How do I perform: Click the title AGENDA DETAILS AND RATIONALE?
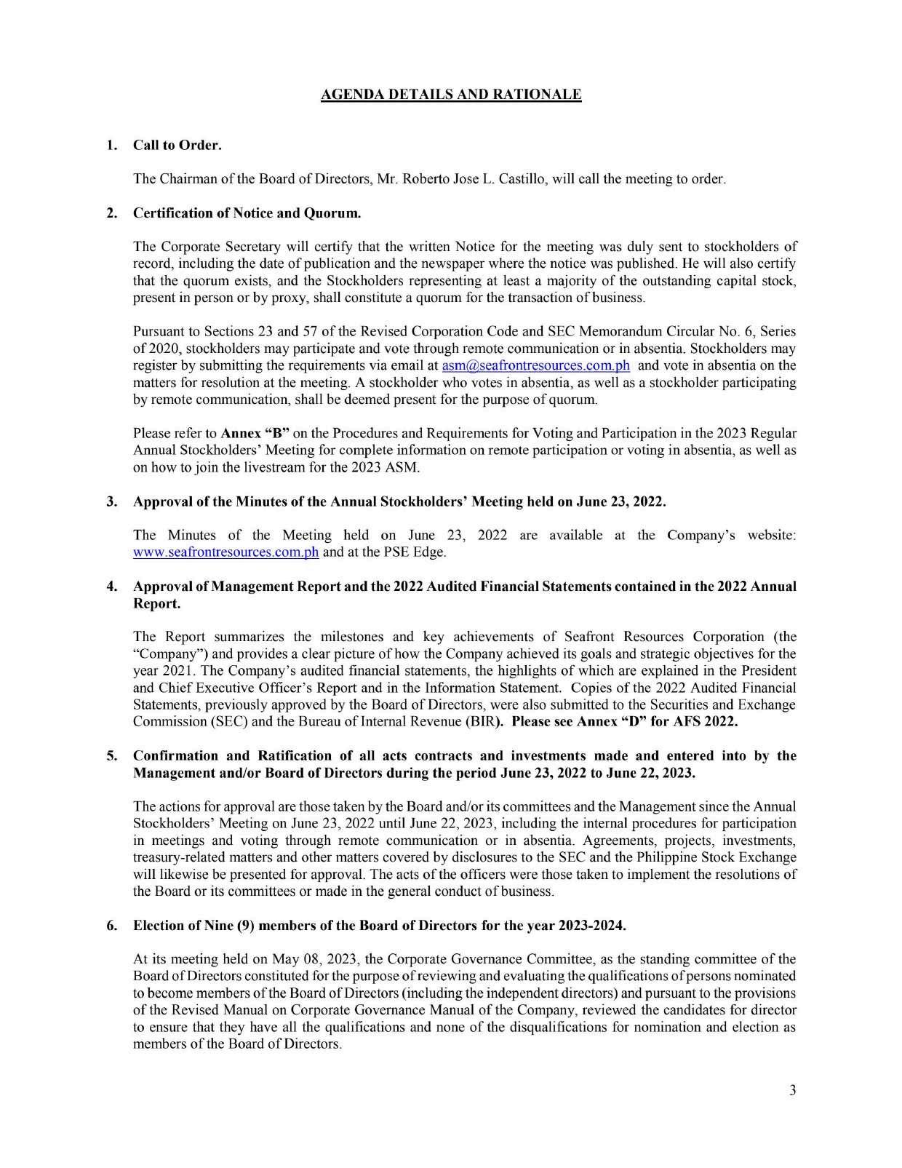point(451,95)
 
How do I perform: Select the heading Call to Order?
point(177,145)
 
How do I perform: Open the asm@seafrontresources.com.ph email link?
point(535,365)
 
